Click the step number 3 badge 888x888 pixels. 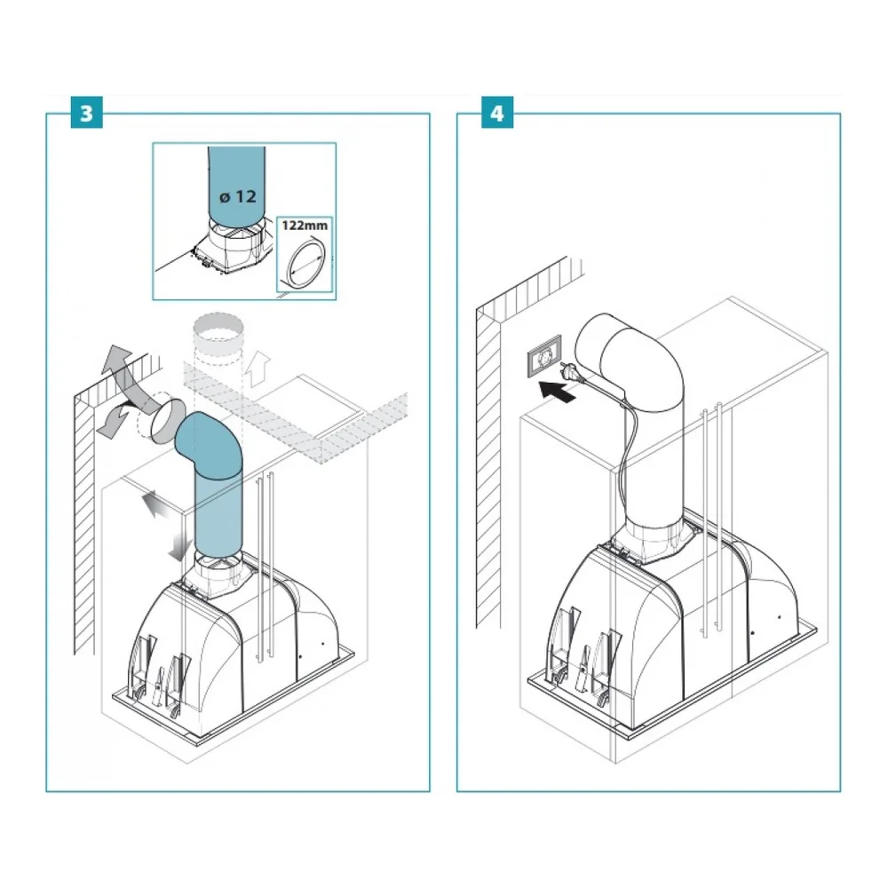pos(87,113)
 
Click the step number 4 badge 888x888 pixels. pos(496,113)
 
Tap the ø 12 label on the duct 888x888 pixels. pos(238,196)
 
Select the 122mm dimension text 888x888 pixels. pos(305,226)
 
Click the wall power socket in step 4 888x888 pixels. pos(544,356)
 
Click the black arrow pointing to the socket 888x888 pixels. pos(557,391)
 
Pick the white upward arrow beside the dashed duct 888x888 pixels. pos(258,369)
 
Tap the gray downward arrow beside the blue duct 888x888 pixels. pos(181,546)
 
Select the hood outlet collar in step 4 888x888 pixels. pos(654,540)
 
